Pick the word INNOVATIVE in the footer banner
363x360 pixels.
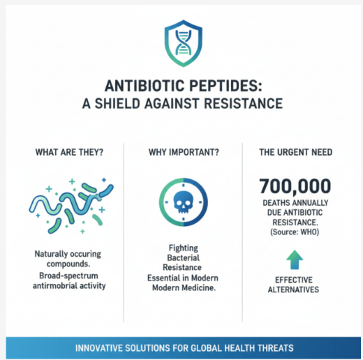tap(96, 347)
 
